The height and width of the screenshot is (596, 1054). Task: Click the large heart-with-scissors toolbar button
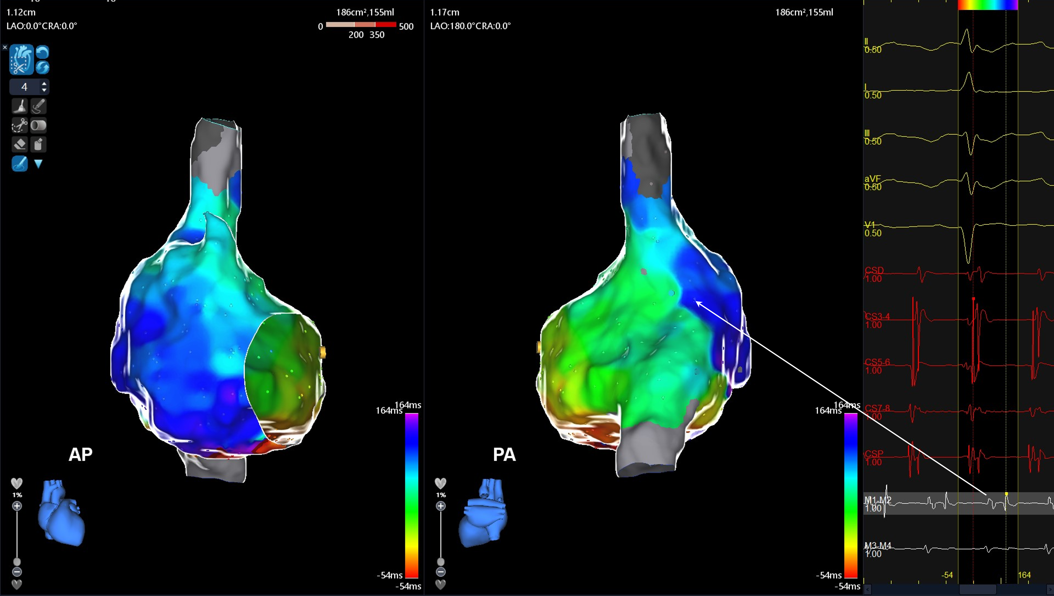(21, 60)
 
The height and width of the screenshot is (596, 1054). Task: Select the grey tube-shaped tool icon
(39, 125)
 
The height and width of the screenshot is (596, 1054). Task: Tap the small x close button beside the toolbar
(5, 47)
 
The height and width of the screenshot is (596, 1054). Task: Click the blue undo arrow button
(43, 52)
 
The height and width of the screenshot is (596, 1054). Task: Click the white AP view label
(81, 454)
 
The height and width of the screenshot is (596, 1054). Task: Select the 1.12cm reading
(21, 12)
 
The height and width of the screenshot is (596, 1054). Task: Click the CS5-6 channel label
(877, 362)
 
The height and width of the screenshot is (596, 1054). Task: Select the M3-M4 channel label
(877, 546)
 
